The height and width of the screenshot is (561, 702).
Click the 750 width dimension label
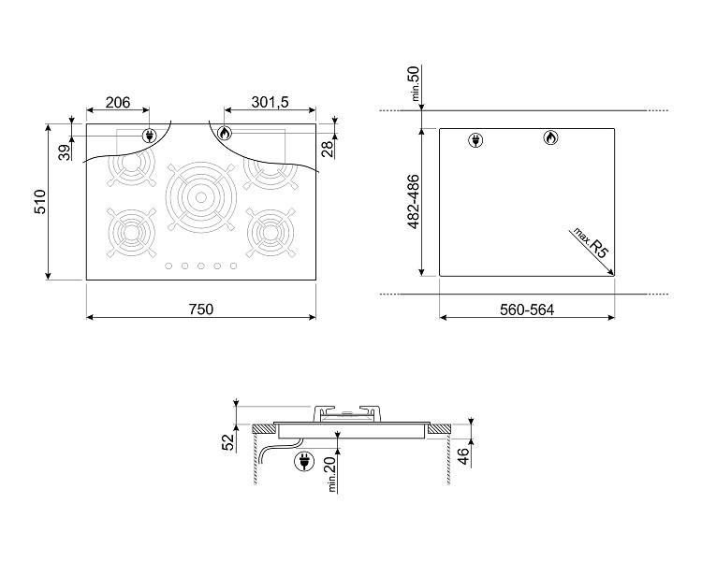201,309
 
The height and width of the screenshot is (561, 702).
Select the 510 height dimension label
40,202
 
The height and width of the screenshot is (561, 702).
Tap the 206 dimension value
118,103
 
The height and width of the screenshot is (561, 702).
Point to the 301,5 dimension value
270,103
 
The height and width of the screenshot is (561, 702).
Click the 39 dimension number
66,152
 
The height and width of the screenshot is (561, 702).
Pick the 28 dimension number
329,149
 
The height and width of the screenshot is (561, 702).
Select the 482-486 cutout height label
414,202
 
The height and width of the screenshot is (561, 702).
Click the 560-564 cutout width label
527,309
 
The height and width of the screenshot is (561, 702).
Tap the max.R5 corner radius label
592,243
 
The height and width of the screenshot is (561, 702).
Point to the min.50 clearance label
415,83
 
